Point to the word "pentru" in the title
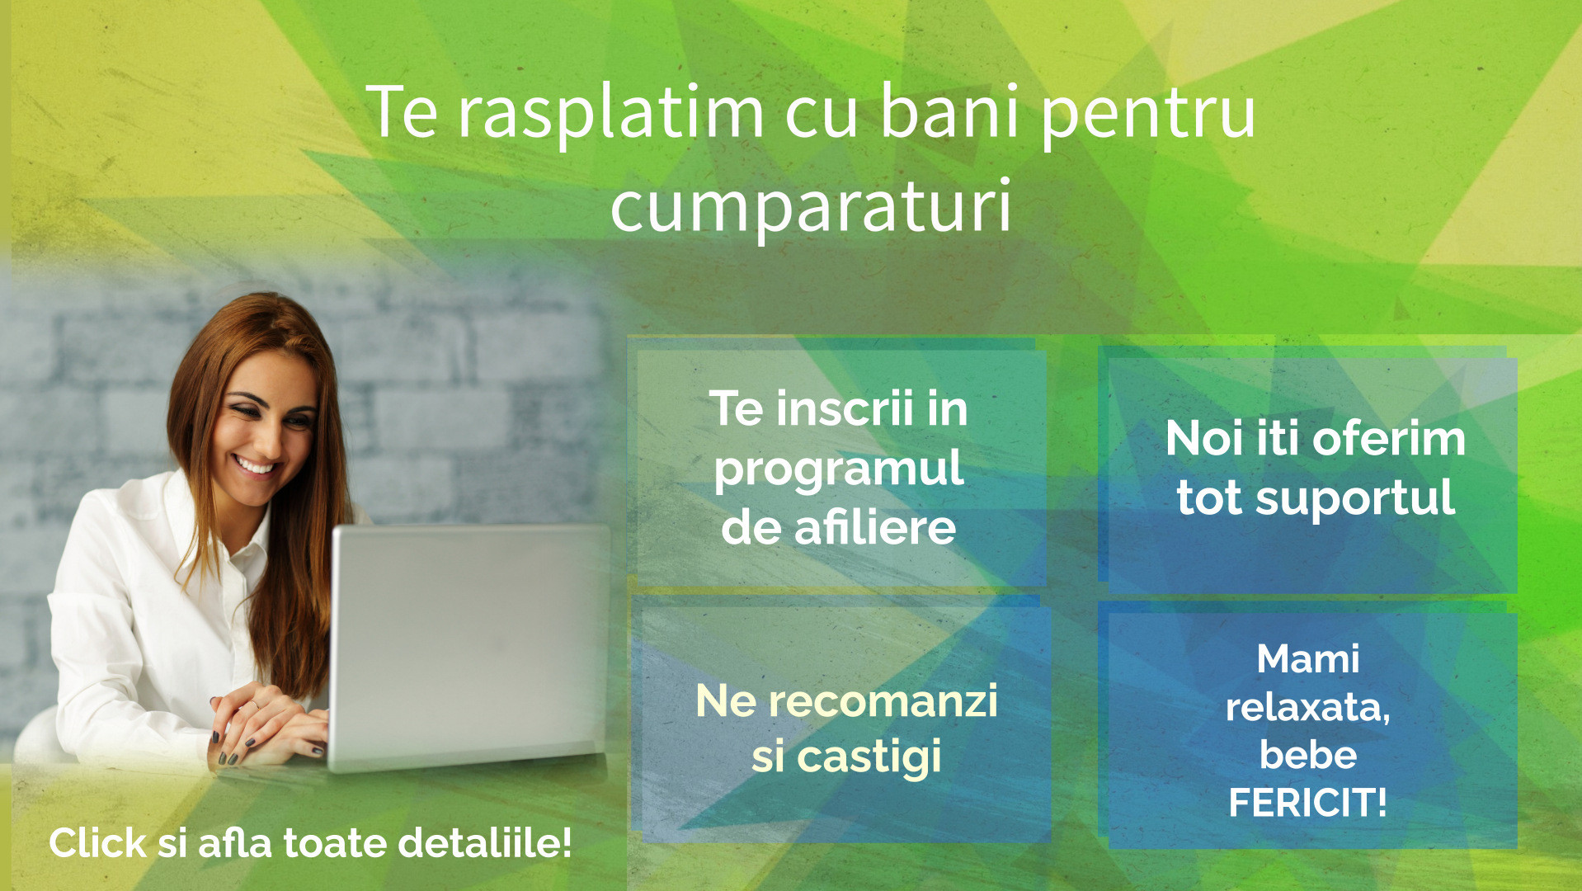[1147, 116]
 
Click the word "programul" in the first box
[838, 471]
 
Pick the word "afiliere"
[875, 527]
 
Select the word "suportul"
[1355, 499]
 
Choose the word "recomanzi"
[883, 701]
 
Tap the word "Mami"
[1308, 658]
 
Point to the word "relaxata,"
[1308, 707]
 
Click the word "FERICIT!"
[1308, 803]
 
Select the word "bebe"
[1308, 754]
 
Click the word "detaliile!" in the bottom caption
[485, 843]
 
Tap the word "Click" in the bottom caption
[97, 843]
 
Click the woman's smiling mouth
[255, 466]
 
